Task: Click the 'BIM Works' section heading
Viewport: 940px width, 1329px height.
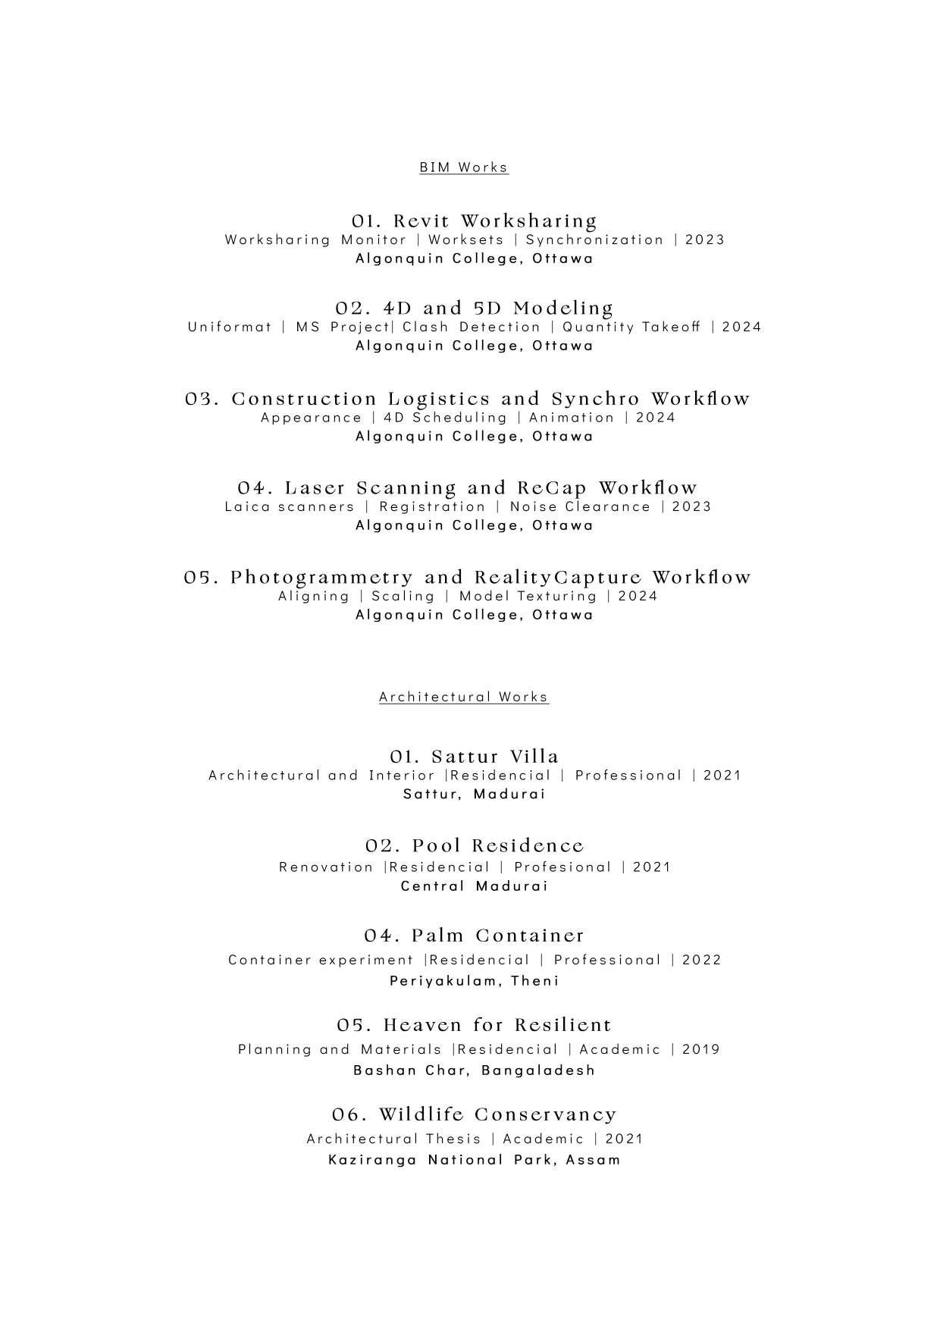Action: coord(463,167)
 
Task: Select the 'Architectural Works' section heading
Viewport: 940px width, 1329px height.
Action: coord(463,697)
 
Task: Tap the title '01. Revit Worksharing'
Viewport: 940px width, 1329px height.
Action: coord(475,221)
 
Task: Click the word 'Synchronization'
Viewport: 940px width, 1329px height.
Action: coord(595,240)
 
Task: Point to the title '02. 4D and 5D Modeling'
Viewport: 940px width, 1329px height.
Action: coord(475,309)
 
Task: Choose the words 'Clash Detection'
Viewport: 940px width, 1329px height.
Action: coord(472,327)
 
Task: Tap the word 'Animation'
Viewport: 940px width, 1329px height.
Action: coord(572,418)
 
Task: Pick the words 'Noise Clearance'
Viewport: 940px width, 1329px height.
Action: coord(580,506)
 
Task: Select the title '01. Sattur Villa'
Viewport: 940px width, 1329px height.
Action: coord(475,757)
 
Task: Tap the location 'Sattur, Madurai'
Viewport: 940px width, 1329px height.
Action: coord(475,794)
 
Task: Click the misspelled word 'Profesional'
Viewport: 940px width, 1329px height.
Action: coord(562,867)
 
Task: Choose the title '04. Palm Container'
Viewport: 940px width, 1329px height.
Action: coord(475,936)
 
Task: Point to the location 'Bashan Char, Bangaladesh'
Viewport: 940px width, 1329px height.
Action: coord(475,1070)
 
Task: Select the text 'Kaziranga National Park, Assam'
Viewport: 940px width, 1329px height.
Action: coord(475,1159)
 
